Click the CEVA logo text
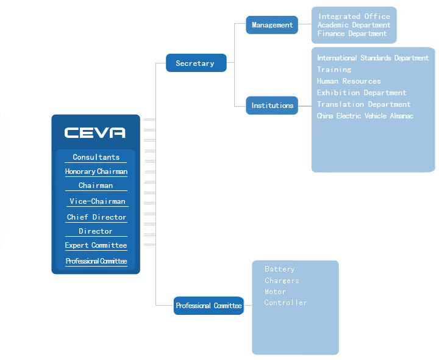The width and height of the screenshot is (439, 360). click(x=95, y=132)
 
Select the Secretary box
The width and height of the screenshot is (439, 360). click(x=196, y=63)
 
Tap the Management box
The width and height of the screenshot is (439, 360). click(x=272, y=25)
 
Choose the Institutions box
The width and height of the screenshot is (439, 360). click(x=272, y=106)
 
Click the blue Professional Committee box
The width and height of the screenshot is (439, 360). click(x=209, y=306)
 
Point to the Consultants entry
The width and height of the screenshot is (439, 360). click(x=96, y=157)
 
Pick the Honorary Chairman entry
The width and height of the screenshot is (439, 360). click(x=96, y=171)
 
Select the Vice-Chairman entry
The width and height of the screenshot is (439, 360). click(x=97, y=201)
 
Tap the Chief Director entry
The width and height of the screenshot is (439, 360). click(x=96, y=217)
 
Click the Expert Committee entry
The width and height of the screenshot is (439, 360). click(x=96, y=245)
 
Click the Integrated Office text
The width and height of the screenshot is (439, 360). click(x=354, y=16)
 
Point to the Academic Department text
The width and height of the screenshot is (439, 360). click(x=354, y=25)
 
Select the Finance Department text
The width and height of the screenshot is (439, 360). click(x=352, y=34)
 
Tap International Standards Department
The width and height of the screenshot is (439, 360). click(x=373, y=58)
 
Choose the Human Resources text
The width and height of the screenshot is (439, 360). click(x=349, y=81)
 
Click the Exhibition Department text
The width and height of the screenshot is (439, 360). click(x=362, y=93)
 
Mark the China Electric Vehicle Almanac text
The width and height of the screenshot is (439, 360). click(x=365, y=116)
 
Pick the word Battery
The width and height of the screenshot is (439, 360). click(x=280, y=269)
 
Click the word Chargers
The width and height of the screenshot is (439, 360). click(x=282, y=281)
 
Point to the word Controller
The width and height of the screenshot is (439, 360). click(x=285, y=303)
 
